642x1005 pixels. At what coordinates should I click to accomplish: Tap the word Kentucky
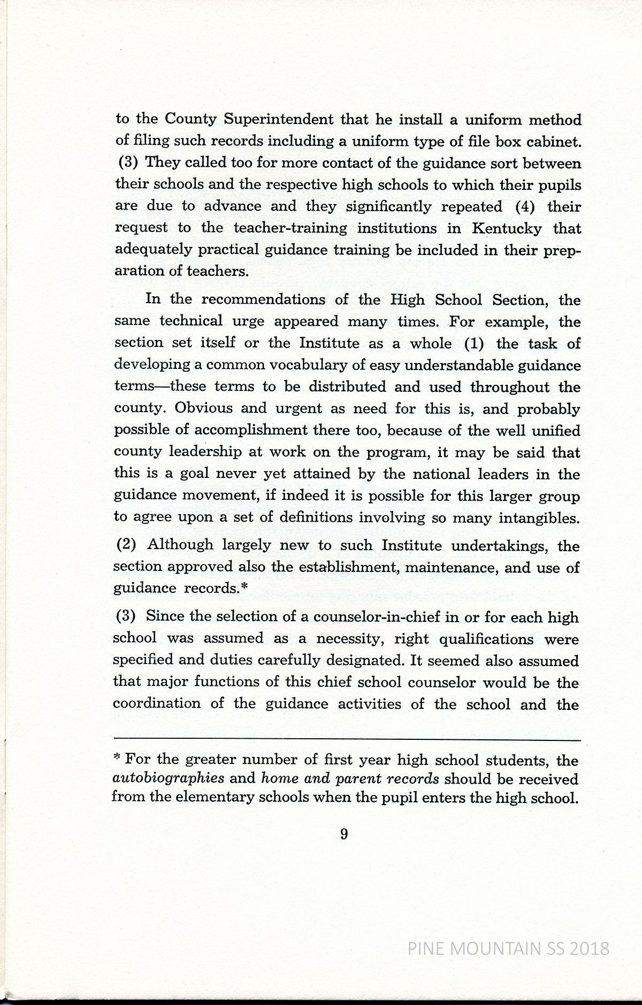tap(507, 228)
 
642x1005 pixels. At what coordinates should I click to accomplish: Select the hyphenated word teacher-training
tap(290, 228)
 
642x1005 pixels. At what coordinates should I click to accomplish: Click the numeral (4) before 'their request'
tap(525, 206)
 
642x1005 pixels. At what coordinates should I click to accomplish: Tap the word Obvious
tap(203, 408)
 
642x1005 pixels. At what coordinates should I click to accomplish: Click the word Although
tap(180, 545)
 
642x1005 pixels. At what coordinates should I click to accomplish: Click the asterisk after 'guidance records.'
tap(244, 587)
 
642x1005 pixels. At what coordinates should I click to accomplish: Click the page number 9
tap(344, 833)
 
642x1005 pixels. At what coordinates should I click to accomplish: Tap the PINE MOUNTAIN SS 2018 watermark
tap(508, 948)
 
